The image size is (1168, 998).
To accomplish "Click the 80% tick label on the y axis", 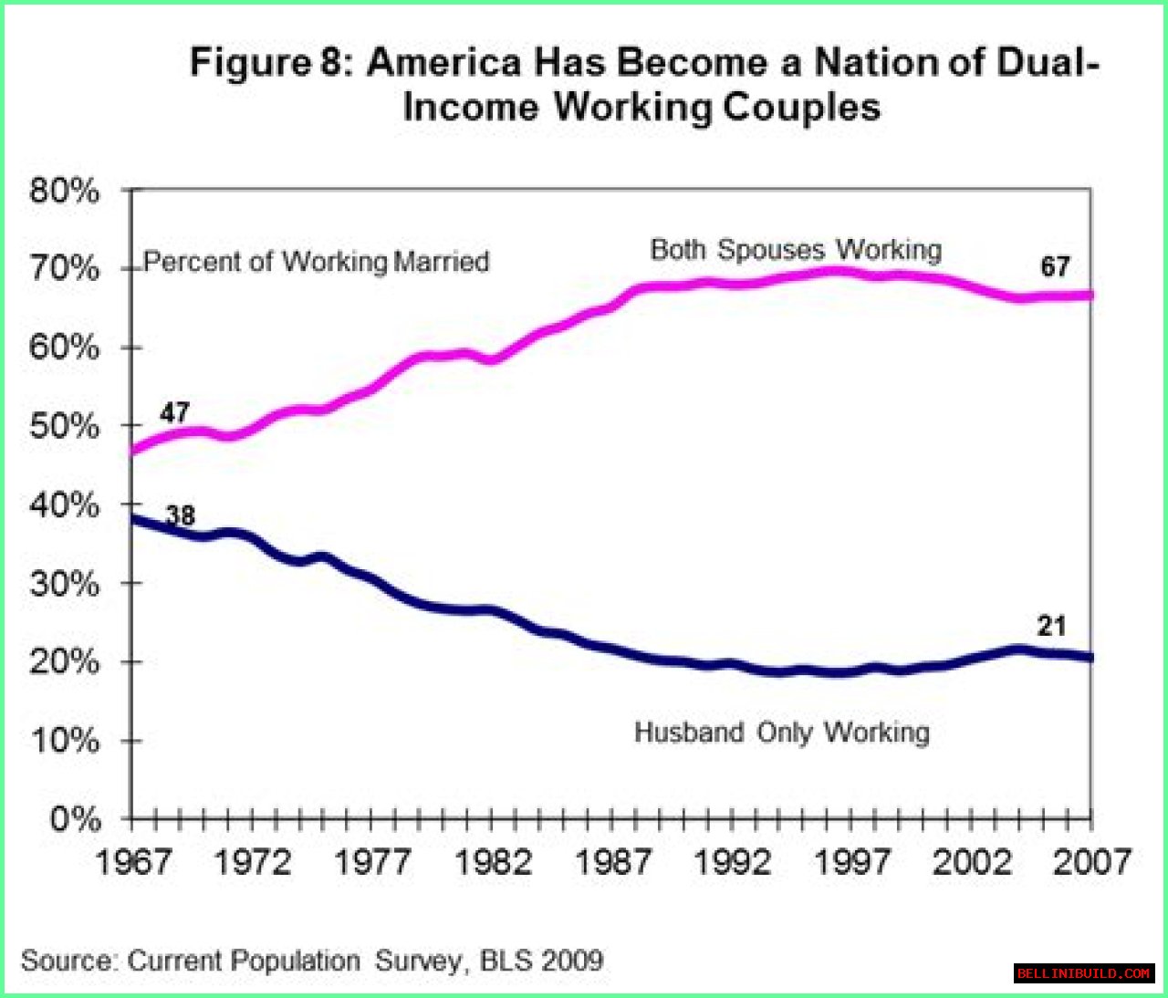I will (64, 191).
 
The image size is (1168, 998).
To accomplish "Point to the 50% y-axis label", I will (64, 426).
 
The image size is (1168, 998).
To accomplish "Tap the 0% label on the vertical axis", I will (75, 818).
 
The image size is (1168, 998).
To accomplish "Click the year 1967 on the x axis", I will (133, 861).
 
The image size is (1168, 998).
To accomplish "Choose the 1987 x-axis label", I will (613, 861).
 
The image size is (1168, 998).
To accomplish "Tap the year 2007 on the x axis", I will (1091, 861).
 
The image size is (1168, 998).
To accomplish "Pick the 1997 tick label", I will (852, 861).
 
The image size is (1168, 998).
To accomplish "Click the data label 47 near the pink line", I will (174, 412).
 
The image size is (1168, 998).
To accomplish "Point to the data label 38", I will (181, 516).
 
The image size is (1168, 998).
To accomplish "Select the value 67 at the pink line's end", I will (1055, 266).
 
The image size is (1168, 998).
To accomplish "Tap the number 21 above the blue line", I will (1051, 626).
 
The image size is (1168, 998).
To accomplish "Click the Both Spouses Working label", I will (796, 250).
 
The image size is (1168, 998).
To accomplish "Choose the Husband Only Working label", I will (782, 733).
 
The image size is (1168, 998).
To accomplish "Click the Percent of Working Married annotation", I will (317, 262).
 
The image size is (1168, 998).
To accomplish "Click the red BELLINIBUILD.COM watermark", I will (1083, 973).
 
